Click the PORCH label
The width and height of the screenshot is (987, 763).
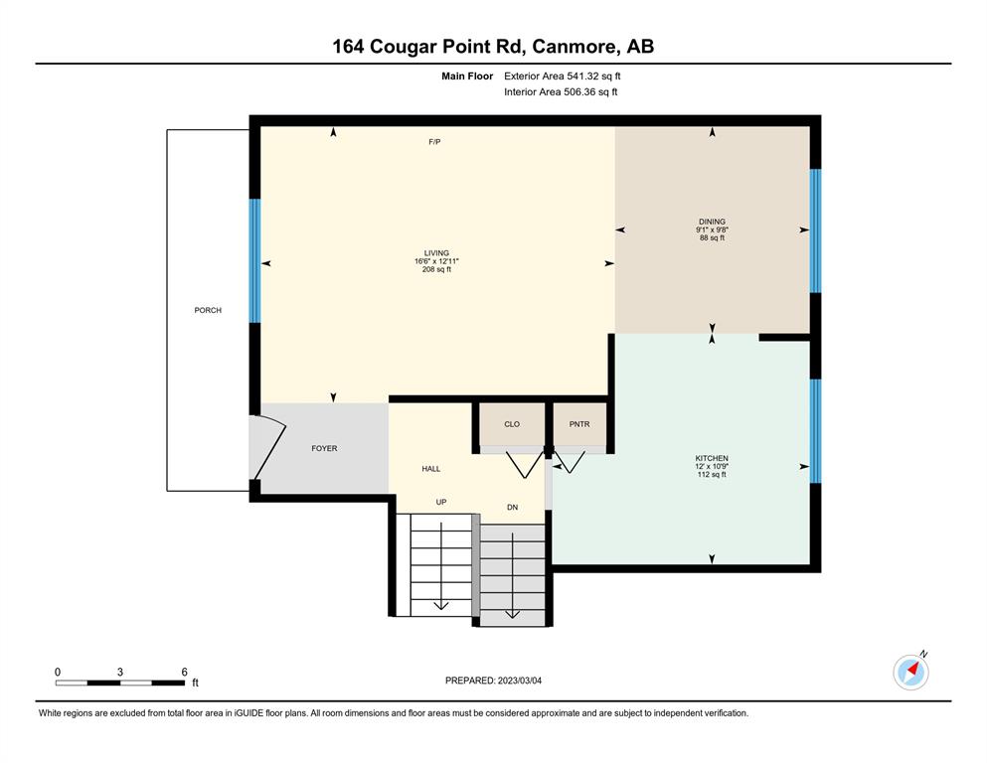(208, 310)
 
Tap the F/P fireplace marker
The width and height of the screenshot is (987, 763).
(434, 142)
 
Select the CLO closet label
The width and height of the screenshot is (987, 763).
(512, 424)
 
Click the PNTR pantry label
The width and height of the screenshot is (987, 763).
(579, 424)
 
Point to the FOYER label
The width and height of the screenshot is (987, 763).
(324, 448)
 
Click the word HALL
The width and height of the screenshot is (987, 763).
(431, 469)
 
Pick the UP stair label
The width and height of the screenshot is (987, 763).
(441, 502)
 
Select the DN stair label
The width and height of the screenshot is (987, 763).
(512, 507)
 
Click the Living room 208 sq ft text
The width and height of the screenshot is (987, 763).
(436, 269)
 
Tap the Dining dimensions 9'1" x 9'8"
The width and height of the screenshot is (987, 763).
(712, 229)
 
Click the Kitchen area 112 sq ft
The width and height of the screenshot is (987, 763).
(712, 474)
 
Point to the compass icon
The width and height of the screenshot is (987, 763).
(910, 672)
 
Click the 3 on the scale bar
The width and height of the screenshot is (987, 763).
(119, 672)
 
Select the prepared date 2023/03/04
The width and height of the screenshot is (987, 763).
(519, 681)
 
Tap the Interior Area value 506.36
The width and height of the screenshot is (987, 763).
(579, 91)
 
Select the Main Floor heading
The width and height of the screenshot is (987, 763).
(467, 76)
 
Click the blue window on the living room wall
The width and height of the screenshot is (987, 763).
(254, 261)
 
